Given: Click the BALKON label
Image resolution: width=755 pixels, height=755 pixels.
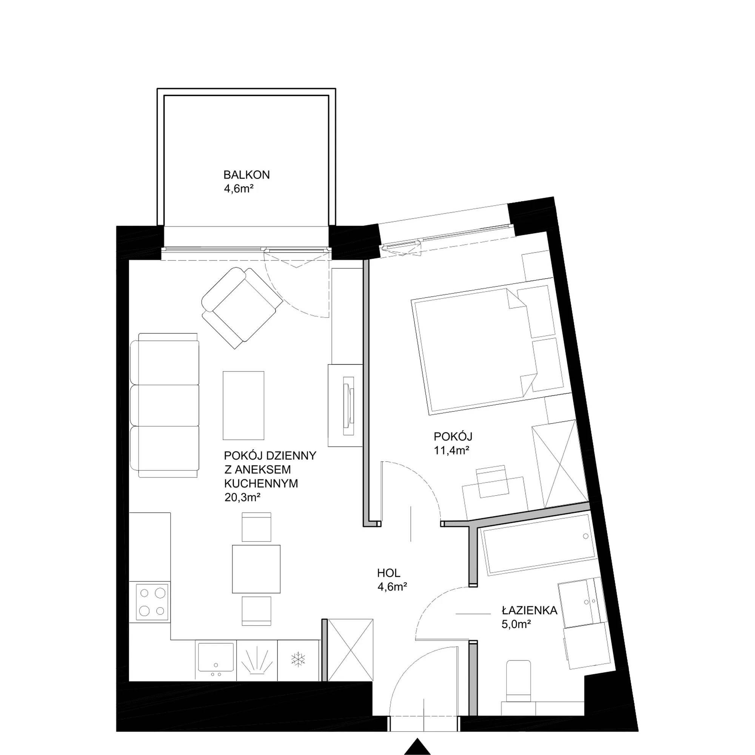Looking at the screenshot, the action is pyautogui.click(x=246, y=175).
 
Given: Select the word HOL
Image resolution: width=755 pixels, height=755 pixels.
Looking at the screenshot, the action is pyautogui.click(x=388, y=573).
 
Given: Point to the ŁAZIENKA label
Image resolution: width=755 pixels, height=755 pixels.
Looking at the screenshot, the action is pyautogui.click(x=530, y=610).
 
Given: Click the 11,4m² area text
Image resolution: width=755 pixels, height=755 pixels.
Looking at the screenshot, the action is pyautogui.click(x=451, y=450).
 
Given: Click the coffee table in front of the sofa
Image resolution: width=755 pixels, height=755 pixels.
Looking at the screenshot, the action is pyautogui.click(x=243, y=405).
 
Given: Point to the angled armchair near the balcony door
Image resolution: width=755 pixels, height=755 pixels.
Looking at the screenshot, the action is pyautogui.click(x=242, y=308).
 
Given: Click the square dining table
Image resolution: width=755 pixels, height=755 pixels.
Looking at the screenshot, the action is pyautogui.click(x=256, y=569).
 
